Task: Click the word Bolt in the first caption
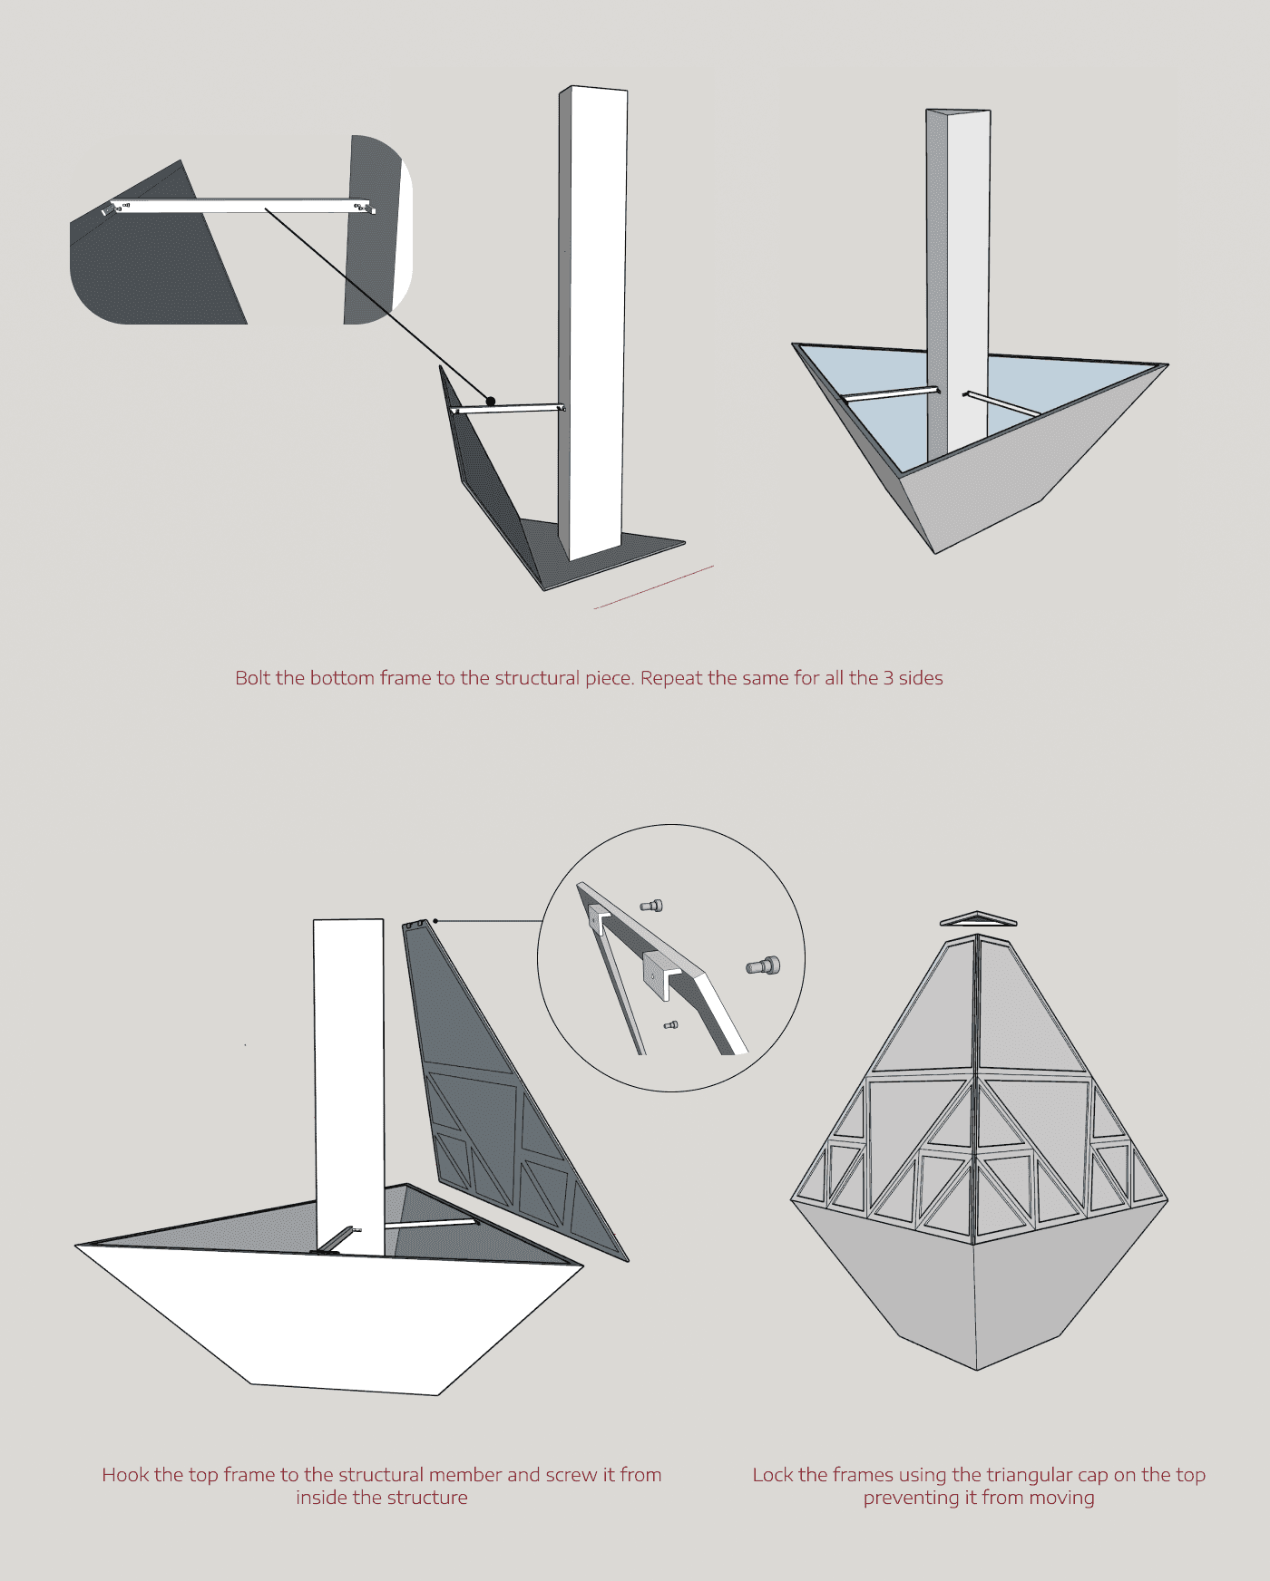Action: point(252,678)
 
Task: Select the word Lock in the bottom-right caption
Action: point(773,1475)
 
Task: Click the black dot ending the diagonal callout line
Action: point(491,401)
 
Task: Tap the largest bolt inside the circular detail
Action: point(763,966)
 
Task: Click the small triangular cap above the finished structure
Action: point(977,919)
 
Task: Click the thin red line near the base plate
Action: point(653,587)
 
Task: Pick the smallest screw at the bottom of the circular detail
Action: point(670,1025)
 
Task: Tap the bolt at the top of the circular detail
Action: point(651,905)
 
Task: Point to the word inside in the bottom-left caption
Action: point(322,1498)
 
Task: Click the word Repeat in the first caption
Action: point(671,679)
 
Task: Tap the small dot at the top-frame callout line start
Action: point(435,921)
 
